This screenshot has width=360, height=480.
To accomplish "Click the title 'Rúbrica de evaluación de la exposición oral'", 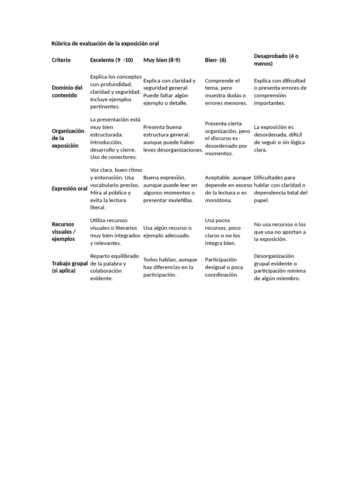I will [x=105, y=44].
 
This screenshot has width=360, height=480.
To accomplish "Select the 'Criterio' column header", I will [x=61, y=60].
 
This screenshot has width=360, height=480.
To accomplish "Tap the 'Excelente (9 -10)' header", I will [x=112, y=60].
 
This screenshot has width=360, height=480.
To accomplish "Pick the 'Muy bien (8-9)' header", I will [x=162, y=60].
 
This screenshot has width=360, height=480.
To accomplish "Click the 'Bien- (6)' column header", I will [x=216, y=60].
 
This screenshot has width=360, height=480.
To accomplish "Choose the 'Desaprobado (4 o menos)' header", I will [x=276, y=60].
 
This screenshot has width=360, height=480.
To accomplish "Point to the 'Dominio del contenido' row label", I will [x=67, y=91].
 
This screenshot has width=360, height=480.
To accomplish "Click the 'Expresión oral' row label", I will [x=69, y=188].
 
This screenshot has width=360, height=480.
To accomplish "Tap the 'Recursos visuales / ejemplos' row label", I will [x=63, y=232].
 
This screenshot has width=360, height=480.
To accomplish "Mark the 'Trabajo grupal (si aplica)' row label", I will [x=69, y=267].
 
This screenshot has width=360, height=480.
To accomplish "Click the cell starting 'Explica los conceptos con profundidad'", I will [x=115, y=91].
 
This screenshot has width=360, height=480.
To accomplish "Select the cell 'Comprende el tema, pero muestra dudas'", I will [x=226, y=92].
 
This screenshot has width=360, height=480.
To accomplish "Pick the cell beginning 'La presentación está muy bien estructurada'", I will [x=115, y=138].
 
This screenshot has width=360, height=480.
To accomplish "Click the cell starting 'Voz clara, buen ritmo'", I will [x=115, y=188].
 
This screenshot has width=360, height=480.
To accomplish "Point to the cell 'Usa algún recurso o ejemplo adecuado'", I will [x=167, y=232].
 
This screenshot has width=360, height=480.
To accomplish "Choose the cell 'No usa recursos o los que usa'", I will [x=280, y=232].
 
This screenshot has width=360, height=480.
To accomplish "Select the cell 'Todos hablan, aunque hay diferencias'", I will [x=170, y=267].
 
